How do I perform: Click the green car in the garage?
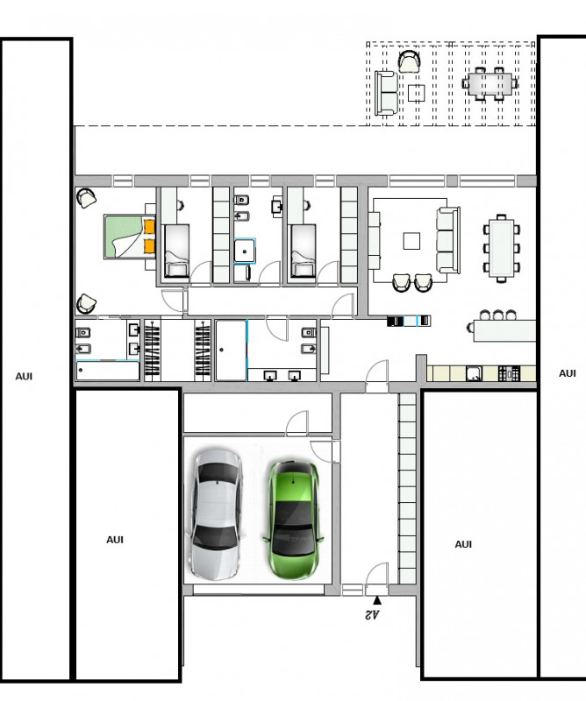[x=294, y=520]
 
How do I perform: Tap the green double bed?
[x=130, y=237]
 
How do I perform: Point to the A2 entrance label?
[x=373, y=615]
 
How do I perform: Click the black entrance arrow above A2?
[x=377, y=600]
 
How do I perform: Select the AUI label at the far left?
[x=25, y=377]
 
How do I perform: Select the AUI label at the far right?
[x=568, y=373]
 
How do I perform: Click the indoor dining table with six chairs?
[x=502, y=248]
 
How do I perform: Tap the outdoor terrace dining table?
[x=490, y=83]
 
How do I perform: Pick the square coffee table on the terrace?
[x=417, y=93]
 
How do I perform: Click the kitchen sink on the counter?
[x=474, y=373]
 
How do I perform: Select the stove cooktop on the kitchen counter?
[x=509, y=373]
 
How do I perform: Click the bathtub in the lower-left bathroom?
[x=107, y=371]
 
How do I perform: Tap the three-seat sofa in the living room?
[x=448, y=239]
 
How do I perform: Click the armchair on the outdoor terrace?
[x=409, y=61]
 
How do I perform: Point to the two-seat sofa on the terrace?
[x=386, y=93]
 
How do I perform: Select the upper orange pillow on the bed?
[x=149, y=227]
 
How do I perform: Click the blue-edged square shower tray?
[x=245, y=251]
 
